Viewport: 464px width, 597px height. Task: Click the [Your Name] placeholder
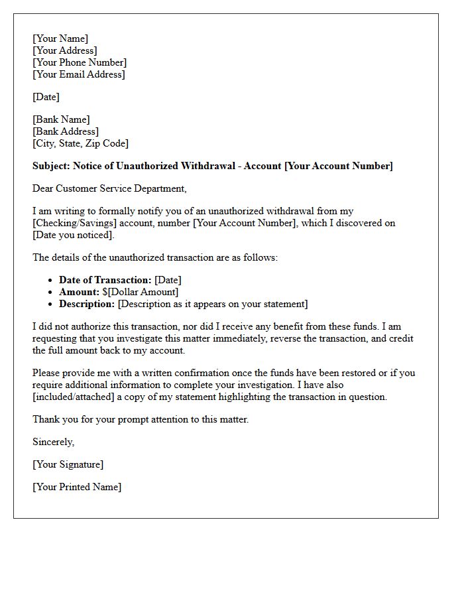click(x=60, y=38)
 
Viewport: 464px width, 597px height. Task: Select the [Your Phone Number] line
click(x=80, y=62)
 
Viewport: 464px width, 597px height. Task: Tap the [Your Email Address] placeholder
click(x=78, y=74)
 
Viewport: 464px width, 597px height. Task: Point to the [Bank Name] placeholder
click(x=61, y=119)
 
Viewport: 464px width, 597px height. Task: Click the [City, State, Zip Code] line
click(x=80, y=143)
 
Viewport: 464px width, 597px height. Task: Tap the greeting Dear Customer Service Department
click(x=109, y=188)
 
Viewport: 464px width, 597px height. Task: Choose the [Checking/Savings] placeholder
click(x=74, y=223)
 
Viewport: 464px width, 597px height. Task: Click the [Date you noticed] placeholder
click(x=74, y=235)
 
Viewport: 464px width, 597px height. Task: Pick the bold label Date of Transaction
click(x=105, y=280)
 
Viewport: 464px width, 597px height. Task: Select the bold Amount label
click(x=79, y=292)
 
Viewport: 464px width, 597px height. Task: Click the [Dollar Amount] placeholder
click(x=143, y=292)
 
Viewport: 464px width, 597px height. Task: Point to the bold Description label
click(x=87, y=304)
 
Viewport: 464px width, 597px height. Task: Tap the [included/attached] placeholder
click(x=77, y=397)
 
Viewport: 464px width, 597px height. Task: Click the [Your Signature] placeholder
click(x=68, y=464)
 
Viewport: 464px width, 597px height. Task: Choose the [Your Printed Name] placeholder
click(x=77, y=487)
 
